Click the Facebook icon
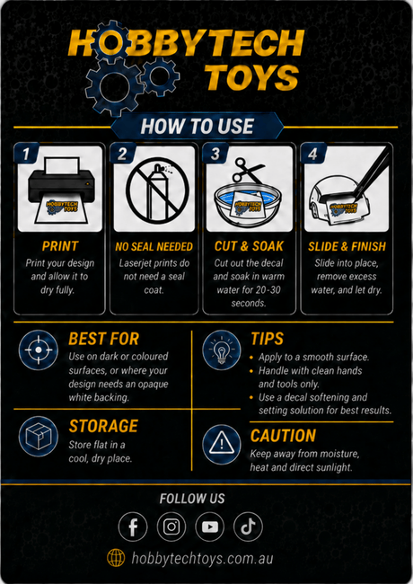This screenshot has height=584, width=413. click(x=133, y=526)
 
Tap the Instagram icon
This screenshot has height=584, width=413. click(x=171, y=526)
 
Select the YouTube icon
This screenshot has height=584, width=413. click(x=210, y=526)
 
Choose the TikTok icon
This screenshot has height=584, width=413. click(x=248, y=526)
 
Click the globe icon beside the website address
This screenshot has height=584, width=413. click(x=116, y=558)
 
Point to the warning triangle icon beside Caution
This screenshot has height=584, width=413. click(x=222, y=444)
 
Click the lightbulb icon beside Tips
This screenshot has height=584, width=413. click(x=222, y=350)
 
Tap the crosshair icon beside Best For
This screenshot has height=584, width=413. click(x=39, y=350)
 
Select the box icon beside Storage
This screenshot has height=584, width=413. click(x=39, y=436)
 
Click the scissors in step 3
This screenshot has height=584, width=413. click(x=247, y=170)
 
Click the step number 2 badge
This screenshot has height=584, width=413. click(x=122, y=154)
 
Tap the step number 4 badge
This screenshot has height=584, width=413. click(x=313, y=154)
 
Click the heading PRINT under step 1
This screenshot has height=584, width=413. click(x=60, y=246)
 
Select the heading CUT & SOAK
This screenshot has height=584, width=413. click(x=249, y=246)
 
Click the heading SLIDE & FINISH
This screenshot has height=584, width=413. click(x=347, y=246)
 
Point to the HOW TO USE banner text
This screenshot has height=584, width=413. click(x=198, y=127)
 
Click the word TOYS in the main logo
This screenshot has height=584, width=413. click(x=252, y=77)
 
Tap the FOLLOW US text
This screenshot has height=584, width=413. click(x=192, y=499)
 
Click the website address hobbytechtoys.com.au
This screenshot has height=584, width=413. click(x=202, y=558)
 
